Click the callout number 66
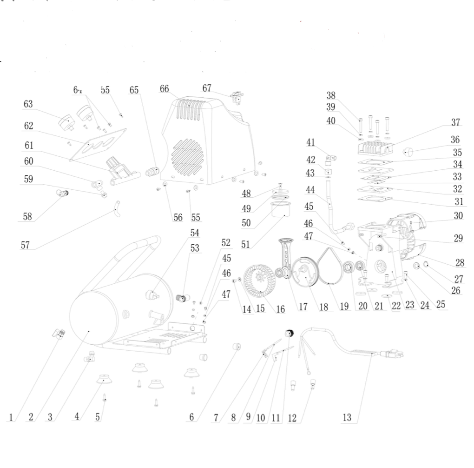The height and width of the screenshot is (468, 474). coord(164,89)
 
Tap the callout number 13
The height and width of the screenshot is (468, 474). coord(347,417)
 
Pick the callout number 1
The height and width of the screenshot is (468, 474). coord(11,417)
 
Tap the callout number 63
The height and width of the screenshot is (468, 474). coord(28,104)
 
